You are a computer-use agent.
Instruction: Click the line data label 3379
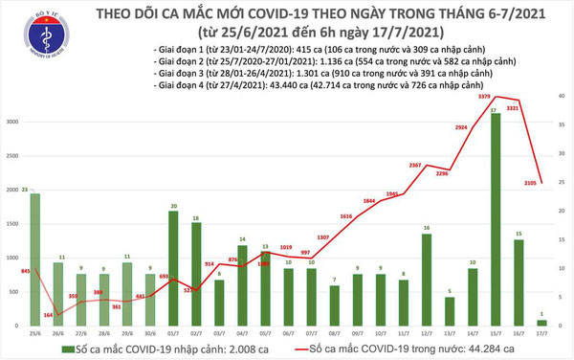(x=483, y=93)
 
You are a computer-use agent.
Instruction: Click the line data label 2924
(x=460, y=126)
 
